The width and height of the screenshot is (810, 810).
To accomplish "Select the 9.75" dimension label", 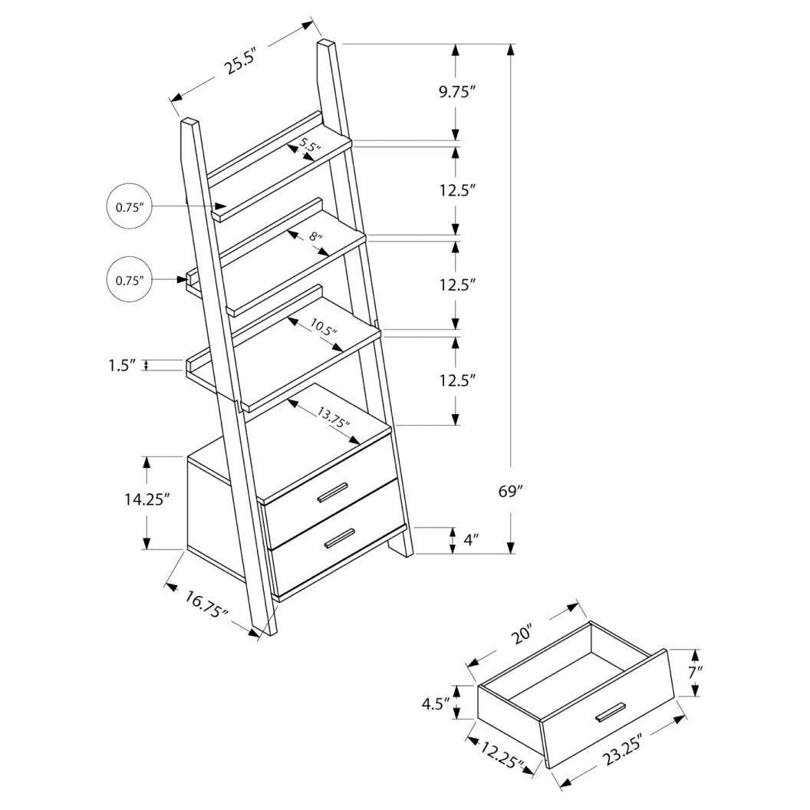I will click(458, 93).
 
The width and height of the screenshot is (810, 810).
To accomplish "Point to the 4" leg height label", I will click(472, 540).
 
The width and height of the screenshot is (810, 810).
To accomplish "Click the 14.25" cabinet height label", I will click(147, 499).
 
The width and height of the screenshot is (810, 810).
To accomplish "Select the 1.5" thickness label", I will click(121, 365).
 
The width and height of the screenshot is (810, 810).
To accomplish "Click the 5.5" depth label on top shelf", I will click(309, 145).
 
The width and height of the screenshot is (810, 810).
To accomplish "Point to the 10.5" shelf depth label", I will click(324, 330).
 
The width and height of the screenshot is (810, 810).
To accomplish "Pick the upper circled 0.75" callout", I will click(130, 207).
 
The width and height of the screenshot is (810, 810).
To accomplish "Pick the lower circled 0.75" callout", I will click(130, 281).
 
